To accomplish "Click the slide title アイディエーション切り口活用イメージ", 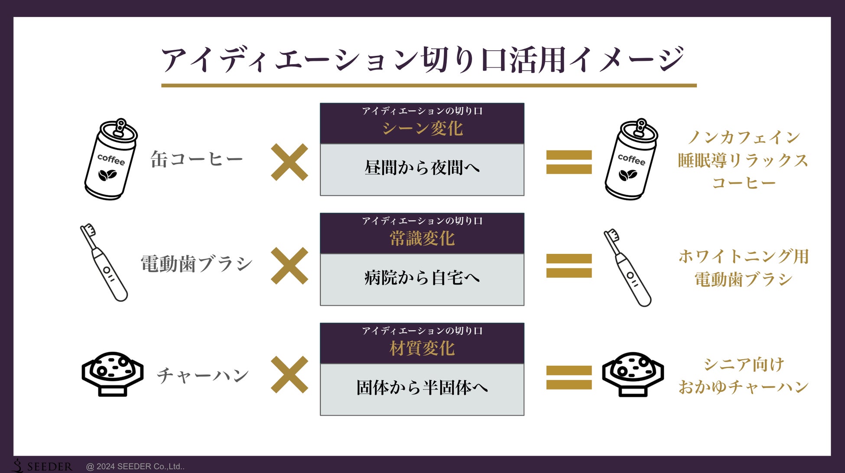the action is coord(422,60).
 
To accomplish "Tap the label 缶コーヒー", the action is coord(196,159).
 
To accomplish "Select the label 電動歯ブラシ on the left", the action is coord(196,263).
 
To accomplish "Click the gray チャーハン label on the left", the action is coord(203,375).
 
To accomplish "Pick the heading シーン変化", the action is coord(422,129).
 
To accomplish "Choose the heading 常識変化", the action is coord(422,239).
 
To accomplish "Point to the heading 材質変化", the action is coord(422,349).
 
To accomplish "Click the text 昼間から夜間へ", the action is coord(422,168).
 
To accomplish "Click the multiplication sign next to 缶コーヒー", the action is coord(289,162).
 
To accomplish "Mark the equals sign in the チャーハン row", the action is coord(569,377).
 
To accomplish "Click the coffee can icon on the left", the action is coord(111,159).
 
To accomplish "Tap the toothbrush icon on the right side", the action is coord(627,268).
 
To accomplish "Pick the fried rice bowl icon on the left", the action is coord(112,373).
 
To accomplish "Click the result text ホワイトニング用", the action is coord(744,256).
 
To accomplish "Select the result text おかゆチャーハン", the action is coord(744,387).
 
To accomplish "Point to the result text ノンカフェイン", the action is coord(744,138).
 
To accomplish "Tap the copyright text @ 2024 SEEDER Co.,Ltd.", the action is coord(135,467).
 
